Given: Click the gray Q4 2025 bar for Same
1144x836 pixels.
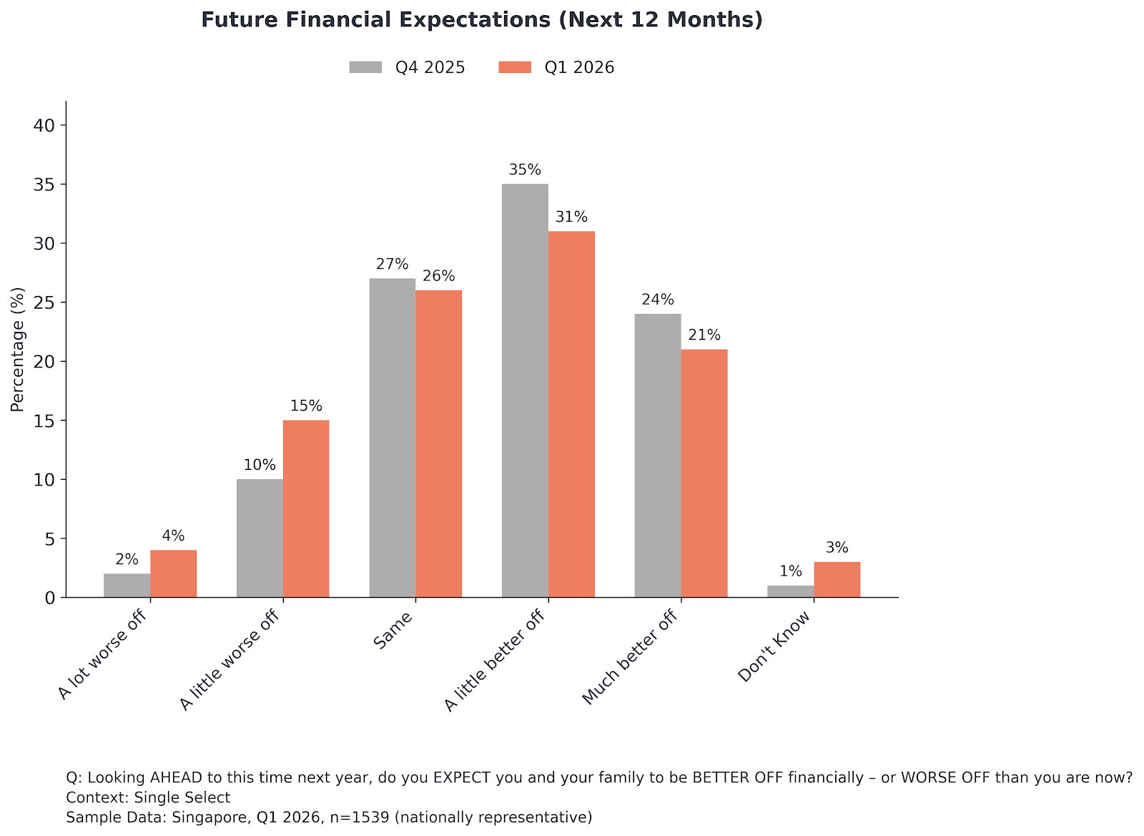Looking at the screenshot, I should (392, 438).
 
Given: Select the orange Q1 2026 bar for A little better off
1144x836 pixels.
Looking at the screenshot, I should (571, 414).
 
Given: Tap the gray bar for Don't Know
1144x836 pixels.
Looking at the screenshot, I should (791, 591).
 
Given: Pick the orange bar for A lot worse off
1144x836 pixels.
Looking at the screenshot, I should (173, 574).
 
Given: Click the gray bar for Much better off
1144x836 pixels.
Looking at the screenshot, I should (658, 456).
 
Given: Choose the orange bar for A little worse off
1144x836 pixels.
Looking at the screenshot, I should (306, 508).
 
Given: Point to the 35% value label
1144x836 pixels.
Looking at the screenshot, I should (525, 170).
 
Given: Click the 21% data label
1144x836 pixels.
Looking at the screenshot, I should (704, 335).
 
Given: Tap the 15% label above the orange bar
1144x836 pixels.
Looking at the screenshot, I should (306, 406).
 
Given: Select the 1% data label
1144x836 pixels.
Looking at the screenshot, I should (791, 571).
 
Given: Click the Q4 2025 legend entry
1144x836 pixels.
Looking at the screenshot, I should (408, 67).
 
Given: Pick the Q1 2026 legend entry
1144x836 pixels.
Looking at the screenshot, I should (556, 67).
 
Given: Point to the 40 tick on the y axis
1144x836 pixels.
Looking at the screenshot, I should (44, 125).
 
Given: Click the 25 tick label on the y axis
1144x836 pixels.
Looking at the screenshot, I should (44, 303).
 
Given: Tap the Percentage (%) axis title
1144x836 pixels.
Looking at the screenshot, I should (18, 349).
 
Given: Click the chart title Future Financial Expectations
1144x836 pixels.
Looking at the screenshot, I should (481, 20).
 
